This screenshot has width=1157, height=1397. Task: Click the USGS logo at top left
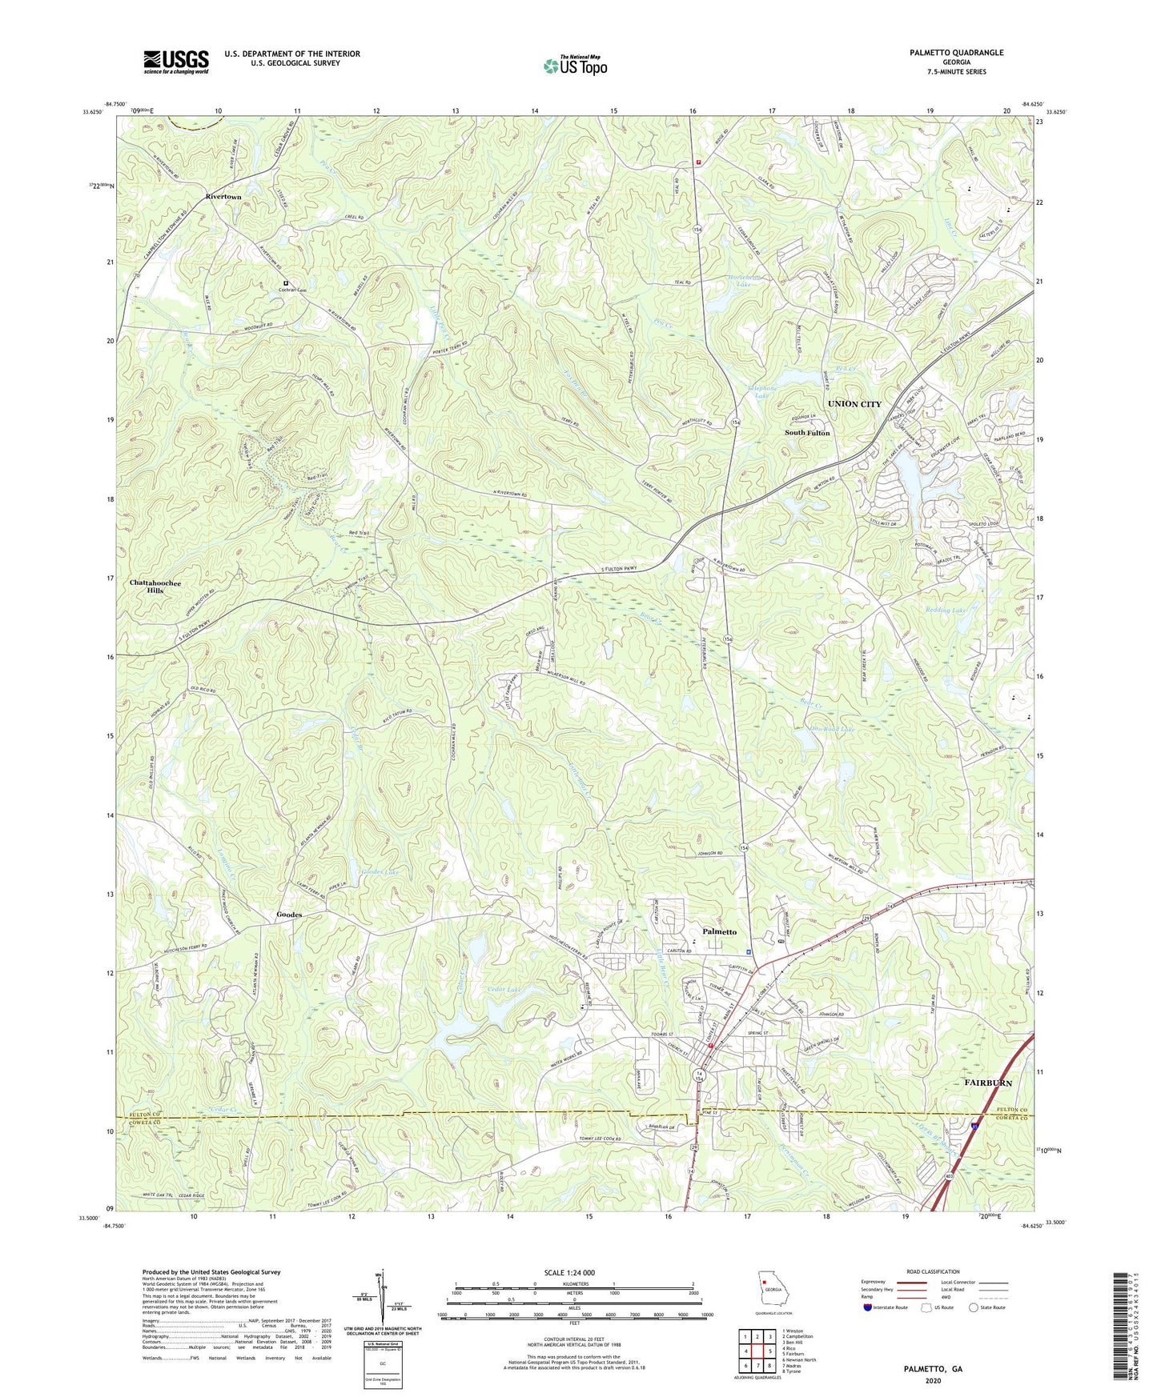[x=175, y=61]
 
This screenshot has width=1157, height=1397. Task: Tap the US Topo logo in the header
[x=574, y=66]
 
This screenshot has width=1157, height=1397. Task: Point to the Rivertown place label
[x=223, y=196]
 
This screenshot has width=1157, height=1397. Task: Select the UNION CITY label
[x=854, y=404]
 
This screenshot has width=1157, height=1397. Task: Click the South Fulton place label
[x=807, y=433]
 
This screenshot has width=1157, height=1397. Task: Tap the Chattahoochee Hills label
[x=155, y=586]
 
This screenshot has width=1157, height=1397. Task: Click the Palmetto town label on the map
[x=719, y=932]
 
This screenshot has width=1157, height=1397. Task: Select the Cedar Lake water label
[x=504, y=990]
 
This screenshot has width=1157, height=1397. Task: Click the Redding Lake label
[x=947, y=610]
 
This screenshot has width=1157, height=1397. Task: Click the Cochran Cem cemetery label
[x=293, y=290]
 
